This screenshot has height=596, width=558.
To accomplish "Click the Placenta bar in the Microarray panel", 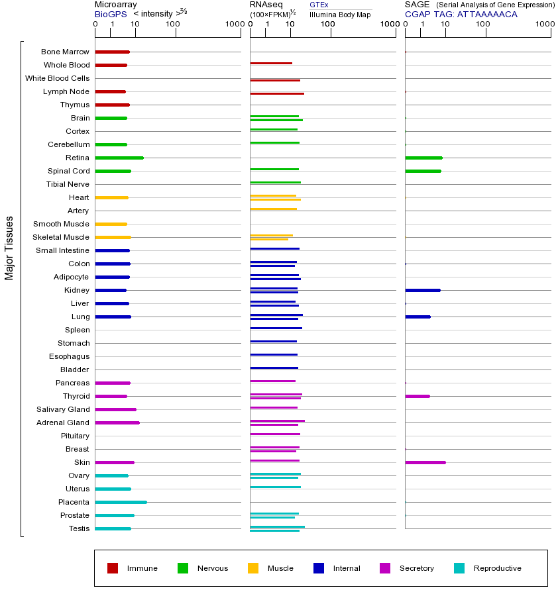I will (x=121, y=502).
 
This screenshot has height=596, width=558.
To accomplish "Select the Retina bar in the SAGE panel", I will (x=423, y=158).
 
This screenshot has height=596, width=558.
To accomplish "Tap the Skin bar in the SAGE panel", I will (x=425, y=462).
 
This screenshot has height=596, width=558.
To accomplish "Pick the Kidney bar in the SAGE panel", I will (x=422, y=290).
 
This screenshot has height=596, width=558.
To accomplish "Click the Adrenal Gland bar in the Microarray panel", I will (x=117, y=422).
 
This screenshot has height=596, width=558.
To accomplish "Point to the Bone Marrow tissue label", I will (x=65, y=52).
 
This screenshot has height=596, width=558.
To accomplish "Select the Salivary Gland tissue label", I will (x=63, y=409).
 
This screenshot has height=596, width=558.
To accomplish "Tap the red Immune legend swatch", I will (x=113, y=568).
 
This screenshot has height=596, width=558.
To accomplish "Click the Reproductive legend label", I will (x=497, y=568).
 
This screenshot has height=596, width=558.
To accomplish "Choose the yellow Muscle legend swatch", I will (x=253, y=568).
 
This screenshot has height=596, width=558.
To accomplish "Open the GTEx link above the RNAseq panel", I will (x=319, y=5).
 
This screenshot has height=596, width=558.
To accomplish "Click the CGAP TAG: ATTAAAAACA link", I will (x=461, y=14).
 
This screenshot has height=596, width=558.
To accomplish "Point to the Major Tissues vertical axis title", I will (x=9, y=248).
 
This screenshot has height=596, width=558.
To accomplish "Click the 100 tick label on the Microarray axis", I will (x=172, y=25).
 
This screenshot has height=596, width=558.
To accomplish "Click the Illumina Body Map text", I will (x=340, y=15).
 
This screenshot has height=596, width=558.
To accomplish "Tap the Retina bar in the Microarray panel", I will (x=119, y=158).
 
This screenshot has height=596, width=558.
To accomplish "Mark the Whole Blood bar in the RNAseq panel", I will (x=271, y=64).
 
